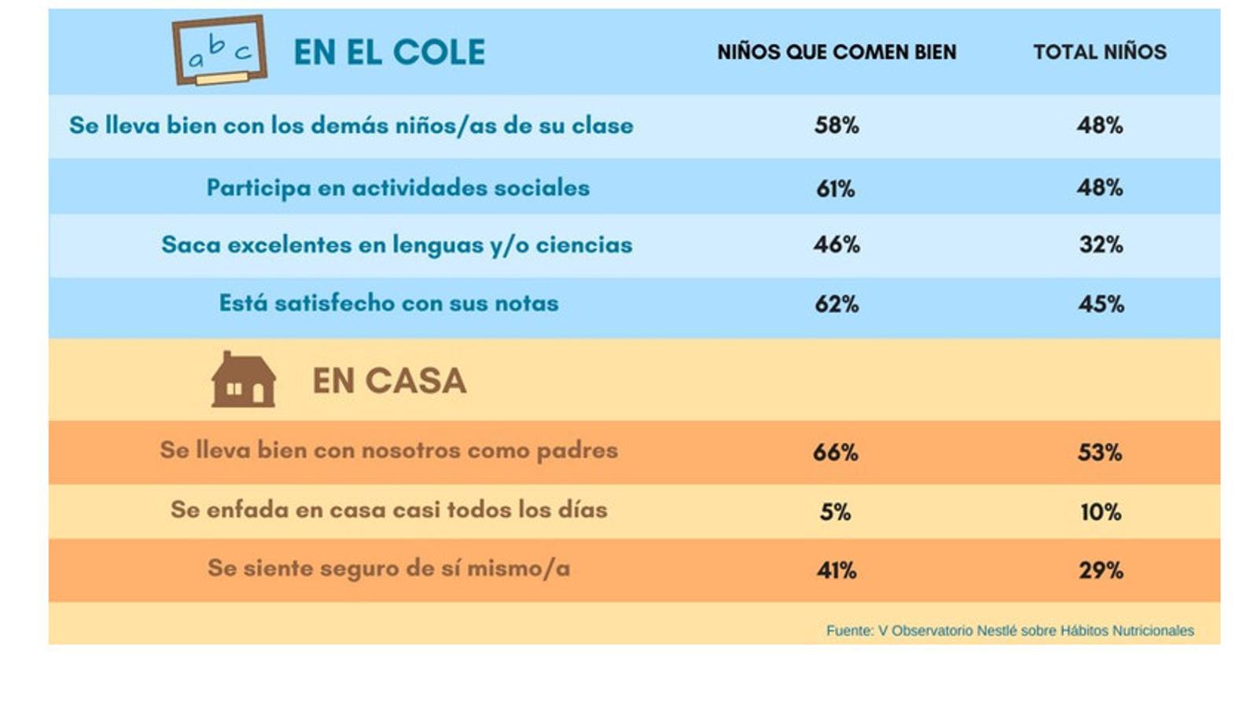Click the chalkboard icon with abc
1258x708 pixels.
(x=219, y=50)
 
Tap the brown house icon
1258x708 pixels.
(x=244, y=380)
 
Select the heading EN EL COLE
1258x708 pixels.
(x=389, y=53)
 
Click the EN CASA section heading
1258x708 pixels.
(x=389, y=382)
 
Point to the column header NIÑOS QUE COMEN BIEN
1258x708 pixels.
(x=837, y=52)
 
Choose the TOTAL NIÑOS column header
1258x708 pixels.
(x=1099, y=52)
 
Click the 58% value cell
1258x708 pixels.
(x=837, y=125)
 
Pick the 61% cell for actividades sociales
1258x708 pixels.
(x=835, y=188)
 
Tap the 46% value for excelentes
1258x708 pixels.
(x=837, y=245)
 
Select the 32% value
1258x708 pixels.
(x=1101, y=245)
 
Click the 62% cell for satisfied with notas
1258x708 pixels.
(x=837, y=304)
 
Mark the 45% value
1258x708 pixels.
(x=1101, y=304)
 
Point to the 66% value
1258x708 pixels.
(x=836, y=452)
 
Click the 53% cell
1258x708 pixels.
(x=1100, y=452)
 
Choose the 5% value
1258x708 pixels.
(x=835, y=512)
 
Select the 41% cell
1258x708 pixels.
(x=836, y=570)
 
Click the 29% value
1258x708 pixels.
(x=1101, y=570)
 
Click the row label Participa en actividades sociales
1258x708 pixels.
(x=398, y=188)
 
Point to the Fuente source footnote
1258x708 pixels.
(x=1010, y=630)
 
